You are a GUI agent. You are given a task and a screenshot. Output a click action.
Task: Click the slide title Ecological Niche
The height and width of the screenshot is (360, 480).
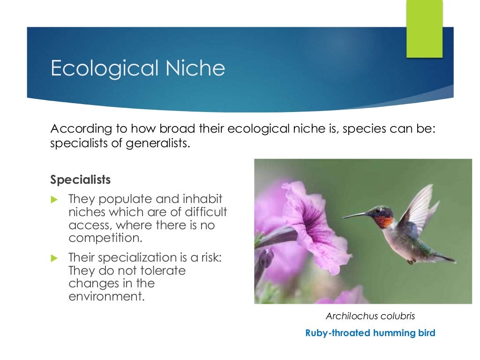pos(138,68)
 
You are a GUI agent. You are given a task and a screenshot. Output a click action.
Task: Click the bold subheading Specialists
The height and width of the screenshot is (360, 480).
pos(81,180)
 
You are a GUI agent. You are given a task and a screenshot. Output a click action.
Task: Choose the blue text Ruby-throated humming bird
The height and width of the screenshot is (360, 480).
pos(370,333)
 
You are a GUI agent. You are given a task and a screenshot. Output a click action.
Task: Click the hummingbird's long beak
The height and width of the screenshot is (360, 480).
pos(359,216)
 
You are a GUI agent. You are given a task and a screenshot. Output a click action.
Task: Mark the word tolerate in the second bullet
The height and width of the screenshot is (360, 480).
pos(162,271)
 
